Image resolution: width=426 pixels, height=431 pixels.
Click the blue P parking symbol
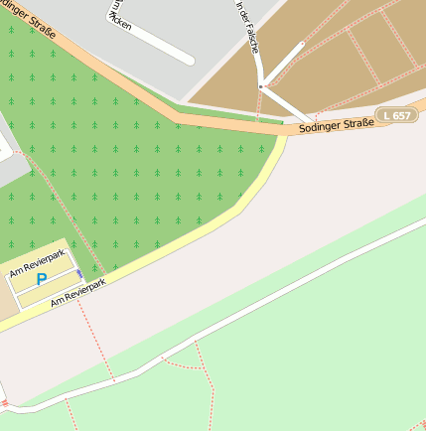coord(42,280)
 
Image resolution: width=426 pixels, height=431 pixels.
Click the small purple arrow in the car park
coord(79,273)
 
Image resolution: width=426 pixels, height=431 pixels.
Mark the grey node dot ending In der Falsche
coord(261,87)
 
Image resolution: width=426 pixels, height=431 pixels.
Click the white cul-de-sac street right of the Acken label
coord(159,41)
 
